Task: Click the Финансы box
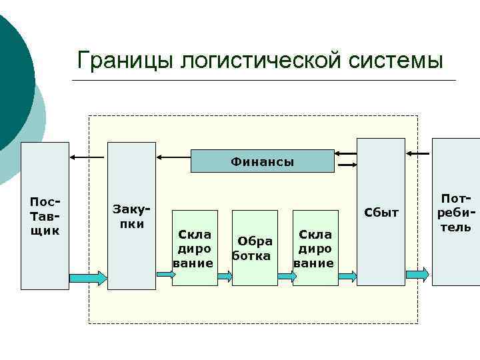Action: (263, 161)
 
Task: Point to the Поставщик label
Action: (45, 216)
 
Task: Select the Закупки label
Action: (131, 216)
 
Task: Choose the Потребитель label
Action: (456, 213)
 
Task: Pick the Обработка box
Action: (254, 248)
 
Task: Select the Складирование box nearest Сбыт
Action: (315, 248)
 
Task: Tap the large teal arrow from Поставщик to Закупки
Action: (87, 277)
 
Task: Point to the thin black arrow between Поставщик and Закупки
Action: (87, 157)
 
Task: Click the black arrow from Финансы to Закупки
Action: (173, 157)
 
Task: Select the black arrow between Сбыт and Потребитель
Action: (419, 154)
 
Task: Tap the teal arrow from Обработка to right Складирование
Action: (285, 274)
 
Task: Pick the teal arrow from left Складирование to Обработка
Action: (225, 274)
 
